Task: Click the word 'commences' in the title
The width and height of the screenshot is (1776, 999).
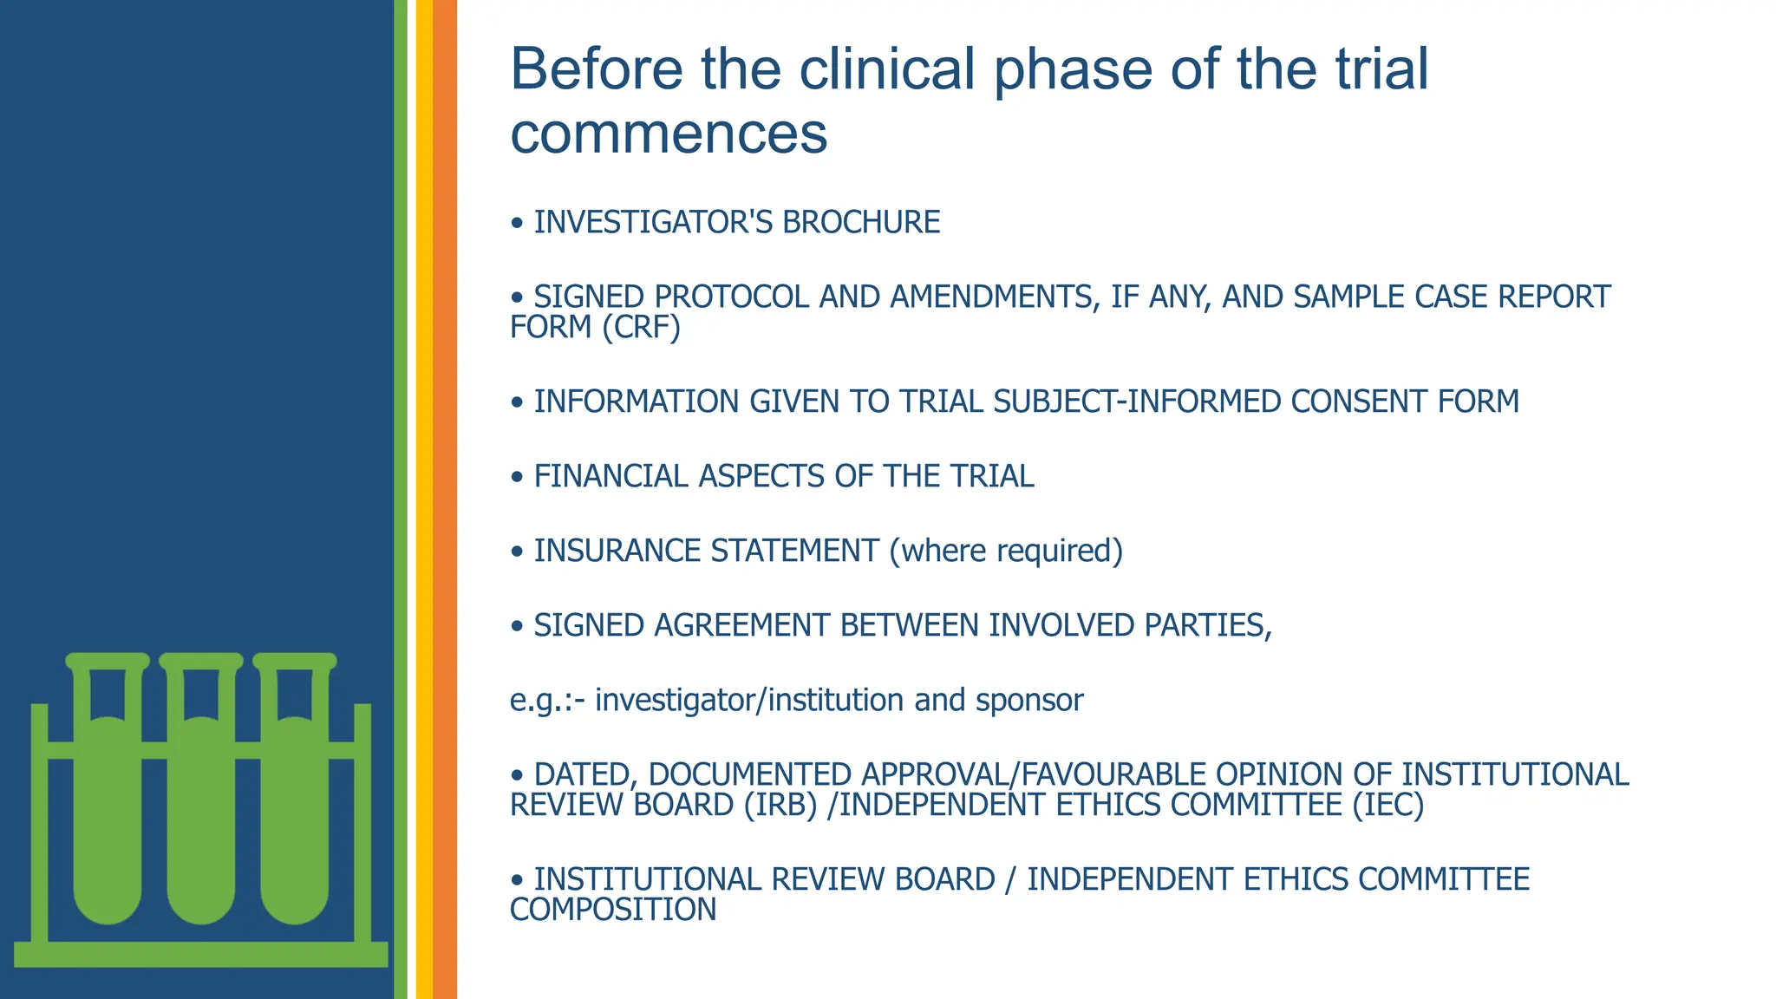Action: (x=669, y=135)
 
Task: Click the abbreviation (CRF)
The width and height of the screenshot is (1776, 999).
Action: (x=642, y=328)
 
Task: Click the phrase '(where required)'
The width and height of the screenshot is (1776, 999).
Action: (x=1006, y=552)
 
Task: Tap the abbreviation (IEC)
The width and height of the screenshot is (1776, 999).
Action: (x=1388, y=806)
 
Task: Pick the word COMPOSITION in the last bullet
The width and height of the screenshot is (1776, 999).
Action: (x=613, y=911)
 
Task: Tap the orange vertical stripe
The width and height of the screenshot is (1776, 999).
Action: (x=445, y=499)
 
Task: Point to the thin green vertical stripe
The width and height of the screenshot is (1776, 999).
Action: (x=400, y=499)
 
